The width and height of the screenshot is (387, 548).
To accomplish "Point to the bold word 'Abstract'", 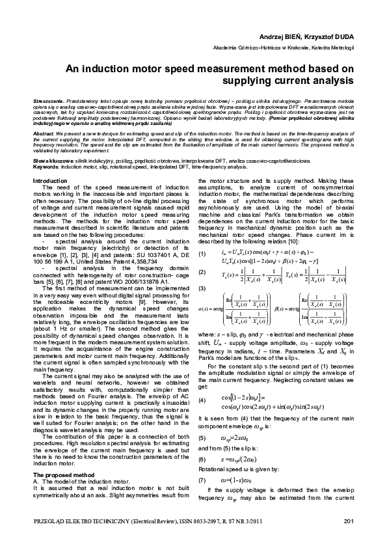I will click(44, 131).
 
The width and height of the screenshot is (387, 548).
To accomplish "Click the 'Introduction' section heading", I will click(50, 180).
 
